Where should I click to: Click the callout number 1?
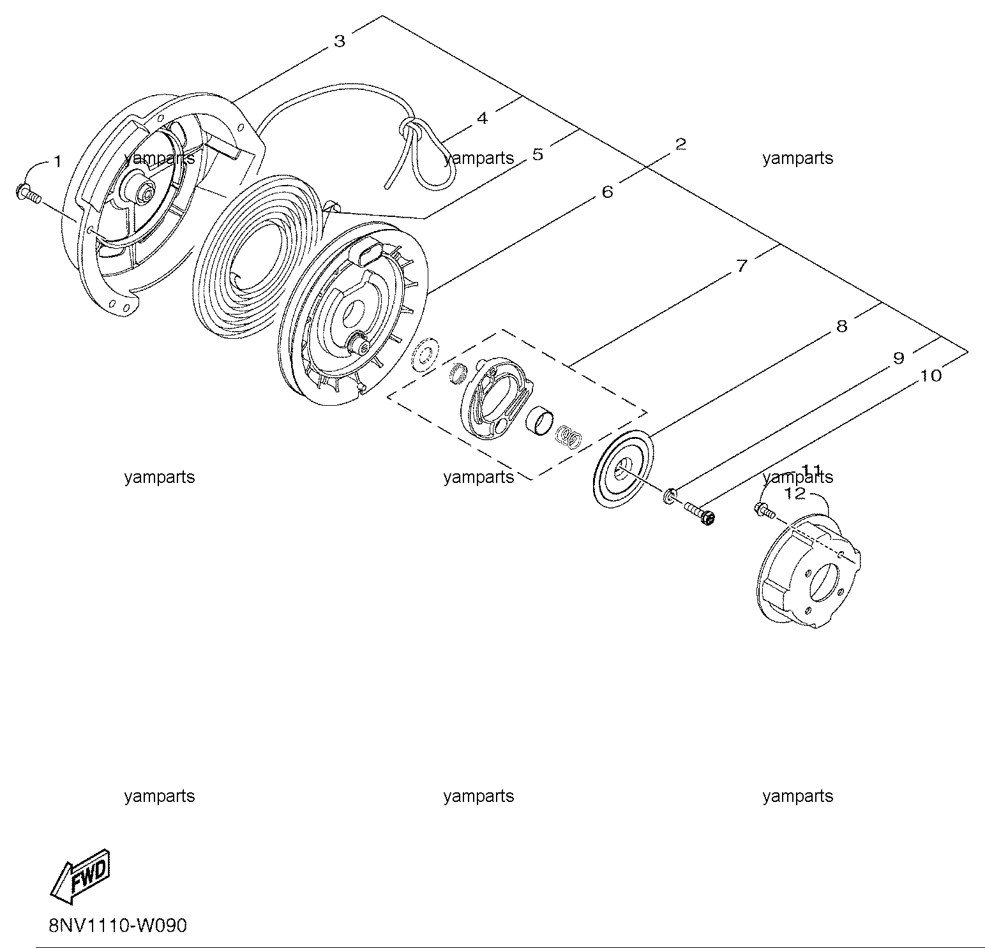(x=57, y=162)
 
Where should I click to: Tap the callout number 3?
(x=340, y=41)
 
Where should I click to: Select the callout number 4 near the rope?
(x=483, y=118)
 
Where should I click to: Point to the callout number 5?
(x=538, y=154)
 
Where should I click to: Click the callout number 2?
(x=680, y=144)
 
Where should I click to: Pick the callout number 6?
(x=607, y=191)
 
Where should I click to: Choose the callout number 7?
(x=741, y=265)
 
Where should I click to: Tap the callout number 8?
(x=841, y=326)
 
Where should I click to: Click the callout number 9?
(x=898, y=358)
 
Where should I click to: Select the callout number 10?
(x=931, y=376)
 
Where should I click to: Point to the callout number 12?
(x=795, y=493)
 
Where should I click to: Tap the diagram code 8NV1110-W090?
(x=118, y=925)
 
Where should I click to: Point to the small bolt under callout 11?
(x=763, y=510)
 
